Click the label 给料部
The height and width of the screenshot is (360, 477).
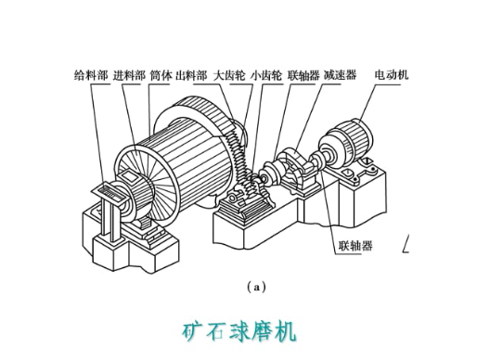coord(91,75)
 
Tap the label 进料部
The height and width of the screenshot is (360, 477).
coord(129,75)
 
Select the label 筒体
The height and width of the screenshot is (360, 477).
coord(161,75)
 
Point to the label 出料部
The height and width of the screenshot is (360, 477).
coord(191,75)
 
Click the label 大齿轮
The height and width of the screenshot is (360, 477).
coord(229,75)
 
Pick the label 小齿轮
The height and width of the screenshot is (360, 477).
coord(266,75)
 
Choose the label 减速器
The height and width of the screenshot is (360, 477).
coord(340,75)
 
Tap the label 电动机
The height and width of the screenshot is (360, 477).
coord(392,74)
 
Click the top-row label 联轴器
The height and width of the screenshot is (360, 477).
coord(303,75)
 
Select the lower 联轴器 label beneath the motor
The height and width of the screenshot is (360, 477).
coord(355,246)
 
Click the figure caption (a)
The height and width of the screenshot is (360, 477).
coord(256,288)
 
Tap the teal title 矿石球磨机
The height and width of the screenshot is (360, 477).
coord(239,332)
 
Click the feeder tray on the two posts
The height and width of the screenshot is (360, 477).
coord(110,194)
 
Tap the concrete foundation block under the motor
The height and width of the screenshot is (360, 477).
coord(362,198)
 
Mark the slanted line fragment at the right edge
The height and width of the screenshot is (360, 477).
coord(406,243)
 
